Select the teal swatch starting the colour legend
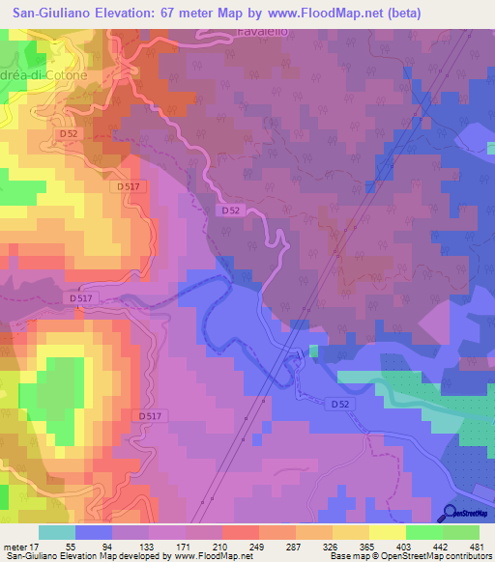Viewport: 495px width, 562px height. click(57, 531)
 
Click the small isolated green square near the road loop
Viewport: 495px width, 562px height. click(312, 349)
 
